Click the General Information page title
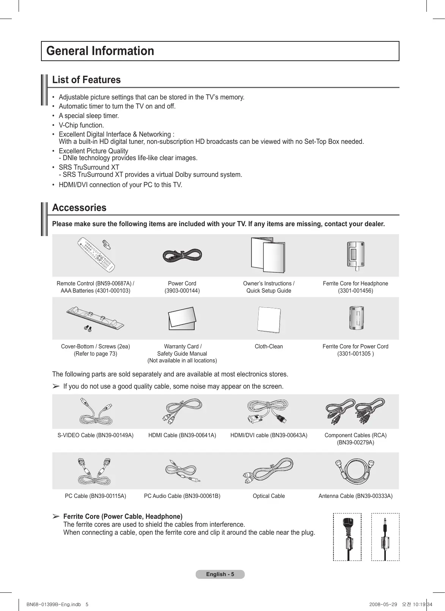tap(100, 51)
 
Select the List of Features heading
tap(86, 80)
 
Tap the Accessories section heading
tap(79, 208)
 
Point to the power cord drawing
tap(182, 255)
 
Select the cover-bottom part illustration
tap(95, 318)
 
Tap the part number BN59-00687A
tap(113, 283)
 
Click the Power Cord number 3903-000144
tap(182, 291)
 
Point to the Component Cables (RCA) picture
tap(355, 412)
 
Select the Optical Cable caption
tap(269, 496)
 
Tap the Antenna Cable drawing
tap(355, 471)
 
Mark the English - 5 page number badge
tap(220, 574)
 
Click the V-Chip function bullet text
tap(81, 125)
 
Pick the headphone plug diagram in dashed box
tap(385, 537)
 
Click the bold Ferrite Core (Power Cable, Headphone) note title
tap(123, 517)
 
